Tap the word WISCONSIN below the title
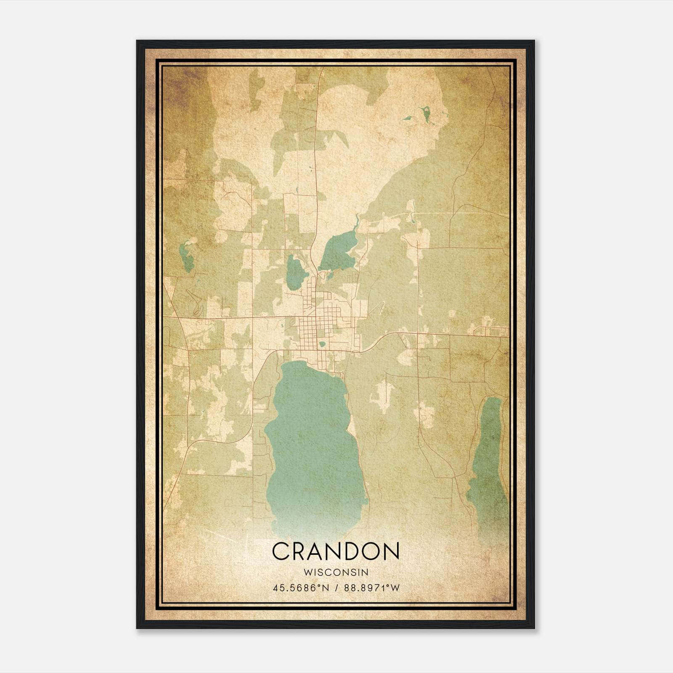coord(336,572)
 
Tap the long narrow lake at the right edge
coord(488,454)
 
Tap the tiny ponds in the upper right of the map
coord(426,114)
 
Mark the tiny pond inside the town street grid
coord(322,344)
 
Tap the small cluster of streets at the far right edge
coord(490,331)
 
